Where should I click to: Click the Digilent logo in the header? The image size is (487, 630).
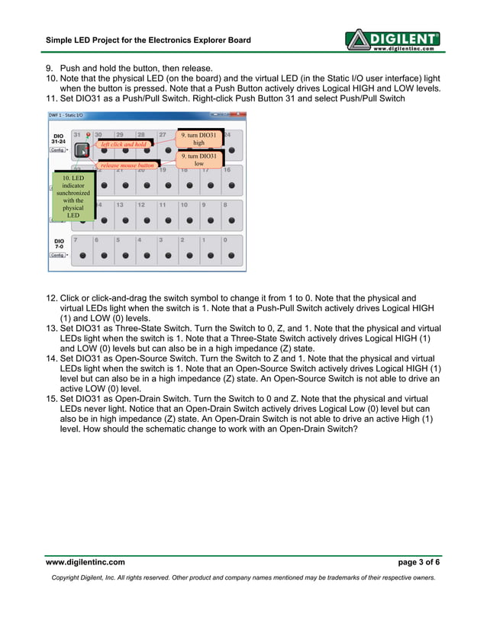(x=392, y=40)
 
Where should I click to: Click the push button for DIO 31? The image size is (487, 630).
(x=82, y=150)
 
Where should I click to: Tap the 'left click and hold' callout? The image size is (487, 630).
(x=124, y=143)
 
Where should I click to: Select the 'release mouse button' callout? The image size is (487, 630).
(x=127, y=164)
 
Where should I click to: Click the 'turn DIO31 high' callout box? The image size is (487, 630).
(x=198, y=139)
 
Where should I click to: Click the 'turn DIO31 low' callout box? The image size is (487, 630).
(x=198, y=159)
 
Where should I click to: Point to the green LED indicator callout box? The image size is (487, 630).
(x=73, y=196)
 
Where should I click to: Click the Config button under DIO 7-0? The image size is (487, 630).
(x=57, y=255)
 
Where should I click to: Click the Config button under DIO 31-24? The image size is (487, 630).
(x=57, y=150)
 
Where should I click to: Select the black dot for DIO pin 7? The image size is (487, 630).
(x=82, y=256)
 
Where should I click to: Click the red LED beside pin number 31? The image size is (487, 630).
(x=89, y=135)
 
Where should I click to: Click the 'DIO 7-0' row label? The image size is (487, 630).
(x=59, y=243)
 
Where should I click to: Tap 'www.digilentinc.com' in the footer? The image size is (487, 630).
(x=85, y=562)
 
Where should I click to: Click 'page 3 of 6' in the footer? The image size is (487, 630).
(x=419, y=562)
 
